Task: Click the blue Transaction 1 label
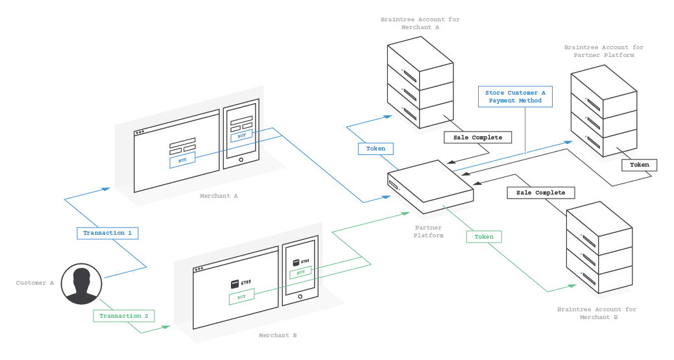[108, 232]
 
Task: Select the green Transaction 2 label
[125, 316]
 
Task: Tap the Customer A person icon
[81, 284]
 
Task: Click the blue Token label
[376, 149]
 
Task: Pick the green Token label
[484, 237]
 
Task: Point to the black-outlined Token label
[639, 165]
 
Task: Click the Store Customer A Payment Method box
[515, 97]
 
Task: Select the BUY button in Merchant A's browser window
[182, 160]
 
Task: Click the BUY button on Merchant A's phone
[241, 136]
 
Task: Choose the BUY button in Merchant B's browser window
[241, 297]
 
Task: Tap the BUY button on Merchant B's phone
[300, 273]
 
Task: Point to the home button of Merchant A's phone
[241, 160]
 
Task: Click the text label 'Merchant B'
[278, 335]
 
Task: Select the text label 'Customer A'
[35, 283]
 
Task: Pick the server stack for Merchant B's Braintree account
[599, 250]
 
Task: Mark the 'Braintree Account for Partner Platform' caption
[603, 51]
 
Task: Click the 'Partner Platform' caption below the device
[429, 232]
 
